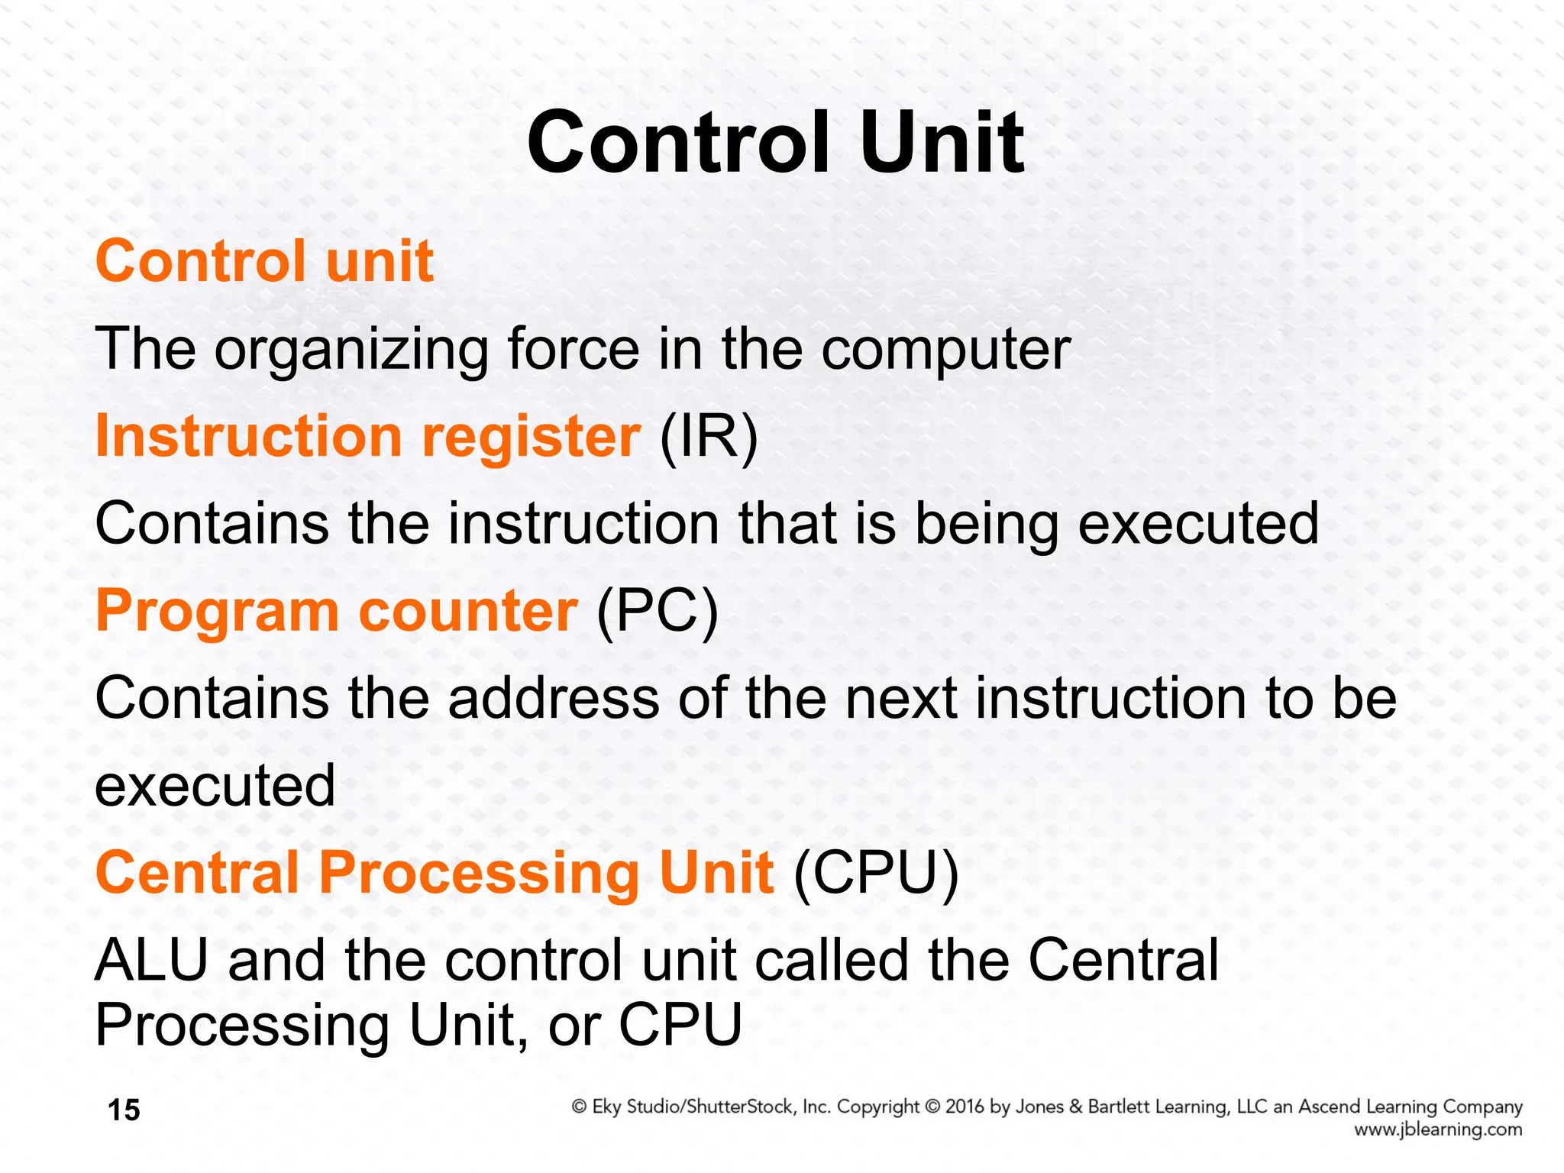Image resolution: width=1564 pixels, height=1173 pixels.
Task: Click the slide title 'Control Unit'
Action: (775, 142)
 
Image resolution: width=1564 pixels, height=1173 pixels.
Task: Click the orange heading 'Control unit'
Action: (264, 261)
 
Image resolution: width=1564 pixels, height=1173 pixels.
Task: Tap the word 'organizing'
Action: (351, 350)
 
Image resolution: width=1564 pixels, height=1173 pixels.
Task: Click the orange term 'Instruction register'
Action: (367, 436)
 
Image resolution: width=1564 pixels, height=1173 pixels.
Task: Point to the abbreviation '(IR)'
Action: (709, 437)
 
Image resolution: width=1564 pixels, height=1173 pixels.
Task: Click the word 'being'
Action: (987, 525)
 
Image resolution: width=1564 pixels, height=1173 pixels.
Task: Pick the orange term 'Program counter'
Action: (336, 611)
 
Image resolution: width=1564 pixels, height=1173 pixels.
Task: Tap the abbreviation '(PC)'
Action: (658, 611)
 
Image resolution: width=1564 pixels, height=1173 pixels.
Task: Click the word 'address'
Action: (554, 698)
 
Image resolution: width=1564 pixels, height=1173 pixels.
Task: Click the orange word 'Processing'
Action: (480, 873)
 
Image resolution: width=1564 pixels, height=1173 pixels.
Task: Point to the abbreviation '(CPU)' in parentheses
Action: (876, 873)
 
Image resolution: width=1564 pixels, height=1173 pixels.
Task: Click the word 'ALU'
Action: (151, 960)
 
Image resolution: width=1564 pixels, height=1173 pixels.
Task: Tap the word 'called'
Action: (832, 960)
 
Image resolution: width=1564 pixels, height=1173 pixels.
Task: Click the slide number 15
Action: (124, 1110)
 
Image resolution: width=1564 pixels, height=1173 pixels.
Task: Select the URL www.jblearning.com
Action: (1438, 1129)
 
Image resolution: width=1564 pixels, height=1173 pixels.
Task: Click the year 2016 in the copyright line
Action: (965, 1107)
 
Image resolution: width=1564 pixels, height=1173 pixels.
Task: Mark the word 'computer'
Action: (945, 350)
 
